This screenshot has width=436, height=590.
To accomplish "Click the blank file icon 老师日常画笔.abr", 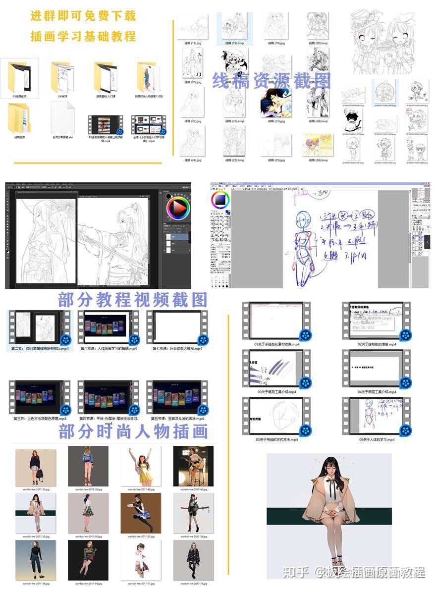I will pyautogui.click(x=62, y=117).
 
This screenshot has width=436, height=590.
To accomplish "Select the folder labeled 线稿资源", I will pyautogui.click(x=20, y=118).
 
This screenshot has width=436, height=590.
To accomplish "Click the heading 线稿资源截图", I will pyautogui.click(x=272, y=80).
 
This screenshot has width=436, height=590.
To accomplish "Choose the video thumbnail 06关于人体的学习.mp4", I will pyautogui.click(x=377, y=417).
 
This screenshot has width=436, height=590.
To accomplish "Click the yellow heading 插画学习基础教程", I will pyautogui.click(x=83, y=36).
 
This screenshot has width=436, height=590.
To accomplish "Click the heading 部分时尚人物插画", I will pyautogui.click(x=133, y=431).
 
